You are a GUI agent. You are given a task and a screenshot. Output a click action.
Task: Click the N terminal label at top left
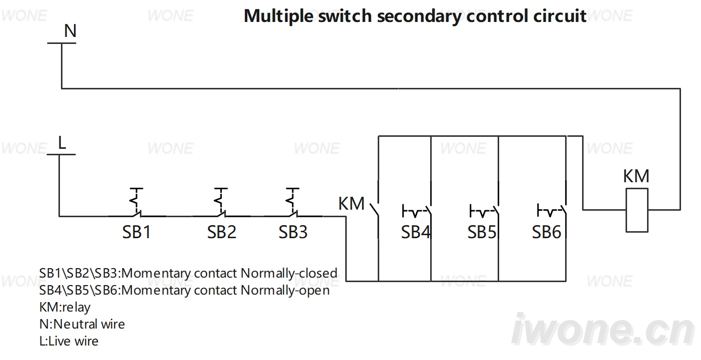point(70,31)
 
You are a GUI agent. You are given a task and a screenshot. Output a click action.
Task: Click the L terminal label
point(62,143)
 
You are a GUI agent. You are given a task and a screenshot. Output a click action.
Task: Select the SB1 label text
point(136,232)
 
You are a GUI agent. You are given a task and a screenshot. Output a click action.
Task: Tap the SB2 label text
point(221,232)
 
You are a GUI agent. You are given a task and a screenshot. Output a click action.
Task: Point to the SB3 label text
point(293,232)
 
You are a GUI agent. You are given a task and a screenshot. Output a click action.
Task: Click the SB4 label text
point(416,232)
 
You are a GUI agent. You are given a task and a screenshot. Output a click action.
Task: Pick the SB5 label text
point(482,232)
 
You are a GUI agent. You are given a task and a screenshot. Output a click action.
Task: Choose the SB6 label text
point(547,232)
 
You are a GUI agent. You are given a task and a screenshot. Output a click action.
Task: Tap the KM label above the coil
point(636,176)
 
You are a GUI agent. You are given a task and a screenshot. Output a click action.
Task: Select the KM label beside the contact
point(351,204)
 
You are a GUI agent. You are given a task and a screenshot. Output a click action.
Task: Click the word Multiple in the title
point(278,16)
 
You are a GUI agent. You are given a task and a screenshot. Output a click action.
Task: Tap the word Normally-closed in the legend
point(289,273)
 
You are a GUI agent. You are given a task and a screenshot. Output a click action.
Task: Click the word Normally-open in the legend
point(285,290)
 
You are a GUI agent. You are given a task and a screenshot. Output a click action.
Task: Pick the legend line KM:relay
point(65,307)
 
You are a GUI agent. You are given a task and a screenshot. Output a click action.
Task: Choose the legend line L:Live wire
point(69,341)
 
